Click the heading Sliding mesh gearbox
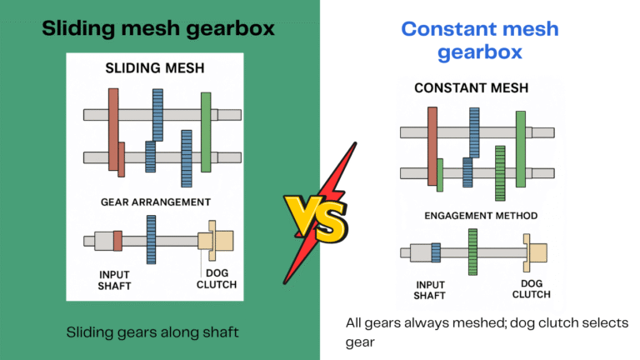158,28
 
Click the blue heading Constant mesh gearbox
479,41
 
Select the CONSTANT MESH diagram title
471,87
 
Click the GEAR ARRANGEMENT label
155,202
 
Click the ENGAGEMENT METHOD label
481,216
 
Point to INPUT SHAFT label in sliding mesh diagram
115,279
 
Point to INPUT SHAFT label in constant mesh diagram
430,289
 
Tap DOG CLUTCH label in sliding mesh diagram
216,279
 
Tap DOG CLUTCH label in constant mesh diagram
531,289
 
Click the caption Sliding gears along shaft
152,332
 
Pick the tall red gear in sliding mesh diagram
112,129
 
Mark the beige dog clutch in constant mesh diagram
533,252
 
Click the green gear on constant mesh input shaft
472,252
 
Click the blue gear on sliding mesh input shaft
151,240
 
